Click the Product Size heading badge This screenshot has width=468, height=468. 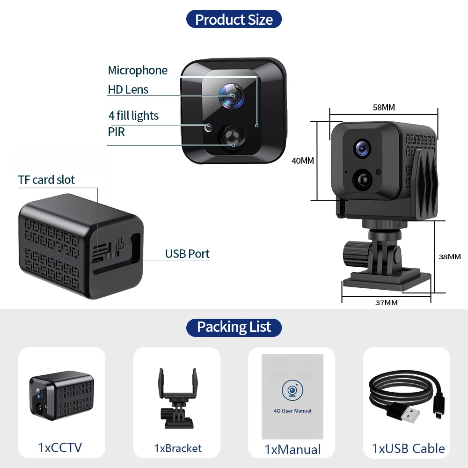[234, 20]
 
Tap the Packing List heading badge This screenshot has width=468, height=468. [234, 327]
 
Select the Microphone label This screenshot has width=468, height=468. [138, 70]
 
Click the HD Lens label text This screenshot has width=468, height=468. [128, 89]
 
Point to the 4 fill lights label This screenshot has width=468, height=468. [133, 116]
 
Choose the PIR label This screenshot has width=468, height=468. [117, 132]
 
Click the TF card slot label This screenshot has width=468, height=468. [46, 180]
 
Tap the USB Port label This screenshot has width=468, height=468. [187, 254]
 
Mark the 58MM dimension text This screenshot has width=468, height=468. [384, 108]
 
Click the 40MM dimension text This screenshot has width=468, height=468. [303, 161]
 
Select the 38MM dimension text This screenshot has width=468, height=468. [450, 256]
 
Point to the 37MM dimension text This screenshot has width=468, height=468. [387, 302]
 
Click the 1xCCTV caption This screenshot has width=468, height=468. [60, 447]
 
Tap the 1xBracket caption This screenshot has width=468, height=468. [178, 448]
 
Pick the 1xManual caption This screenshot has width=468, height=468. [293, 449]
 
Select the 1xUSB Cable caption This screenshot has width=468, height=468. [408, 448]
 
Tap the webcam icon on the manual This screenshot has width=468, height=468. [292, 390]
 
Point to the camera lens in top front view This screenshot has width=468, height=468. [233, 95]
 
